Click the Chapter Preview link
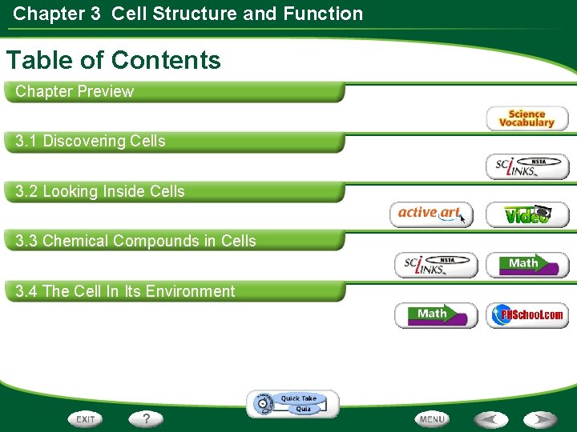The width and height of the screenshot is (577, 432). [75, 91]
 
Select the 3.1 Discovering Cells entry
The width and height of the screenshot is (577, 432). [91, 142]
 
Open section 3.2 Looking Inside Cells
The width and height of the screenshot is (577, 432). [100, 191]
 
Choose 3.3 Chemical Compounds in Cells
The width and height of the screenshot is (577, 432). [136, 241]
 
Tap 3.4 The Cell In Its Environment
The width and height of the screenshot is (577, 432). [125, 291]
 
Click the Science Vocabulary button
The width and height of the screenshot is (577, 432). [527, 119]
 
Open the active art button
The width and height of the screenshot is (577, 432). [431, 214]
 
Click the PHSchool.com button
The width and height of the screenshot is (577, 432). [527, 315]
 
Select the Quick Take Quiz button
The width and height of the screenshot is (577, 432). [293, 404]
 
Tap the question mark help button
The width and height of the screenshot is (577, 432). [146, 418]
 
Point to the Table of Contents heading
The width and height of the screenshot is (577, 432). [113, 60]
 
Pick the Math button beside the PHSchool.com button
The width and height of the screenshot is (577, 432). [435, 315]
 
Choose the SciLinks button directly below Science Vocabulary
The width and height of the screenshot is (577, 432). [527, 166]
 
